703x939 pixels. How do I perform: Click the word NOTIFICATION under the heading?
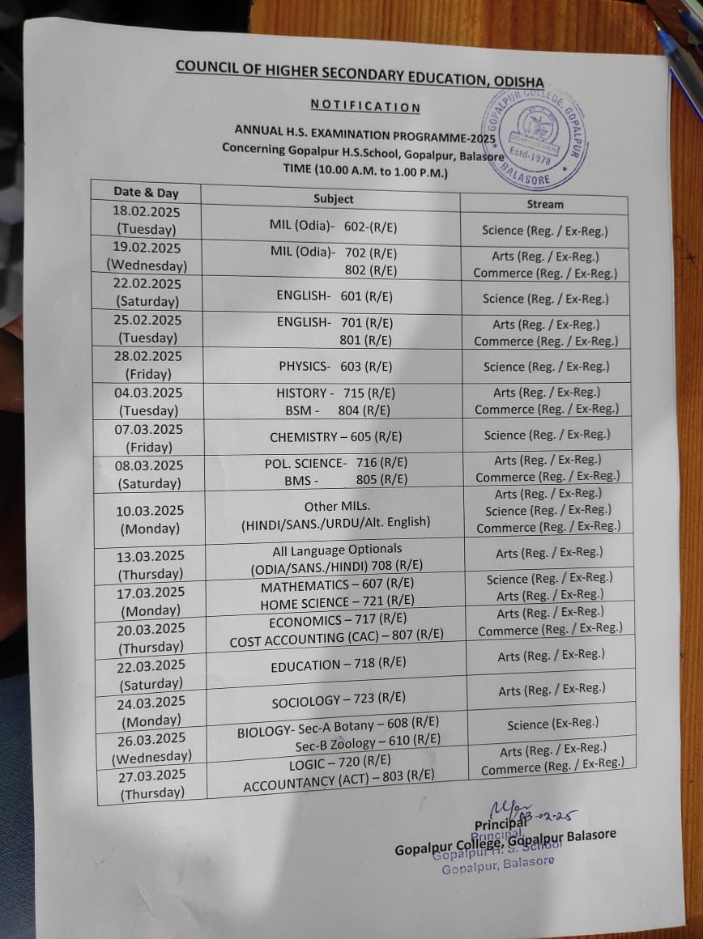click(365, 106)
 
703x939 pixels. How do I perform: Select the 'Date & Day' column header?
click(146, 193)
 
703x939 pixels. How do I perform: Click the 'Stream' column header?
click(544, 204)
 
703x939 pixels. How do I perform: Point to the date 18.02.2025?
click(147, 211)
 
